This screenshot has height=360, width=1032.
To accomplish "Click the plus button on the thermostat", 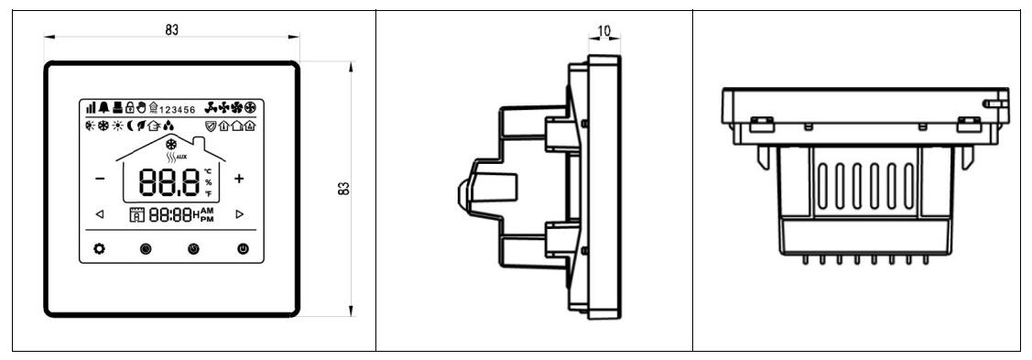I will [x=240, y=179].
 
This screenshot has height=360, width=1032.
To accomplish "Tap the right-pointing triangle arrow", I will [x=240, y=215].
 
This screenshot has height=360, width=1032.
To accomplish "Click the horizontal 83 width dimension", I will [x=171, y=29].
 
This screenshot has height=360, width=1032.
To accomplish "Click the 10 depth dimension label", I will [x=604, y=31].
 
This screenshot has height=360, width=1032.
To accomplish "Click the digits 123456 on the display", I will [x=177, y=112].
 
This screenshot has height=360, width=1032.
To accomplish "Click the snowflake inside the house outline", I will [x=169, y=144].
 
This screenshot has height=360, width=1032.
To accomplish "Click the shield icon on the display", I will [x=212, y=128].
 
